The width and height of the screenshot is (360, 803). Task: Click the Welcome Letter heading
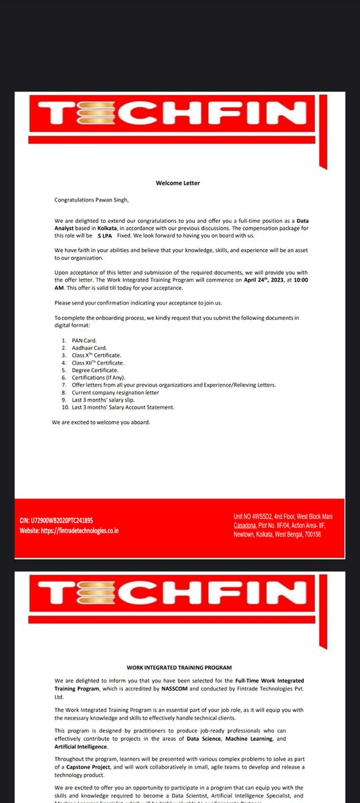(177, 183)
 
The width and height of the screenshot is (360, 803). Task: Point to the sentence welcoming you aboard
(100, 423)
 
